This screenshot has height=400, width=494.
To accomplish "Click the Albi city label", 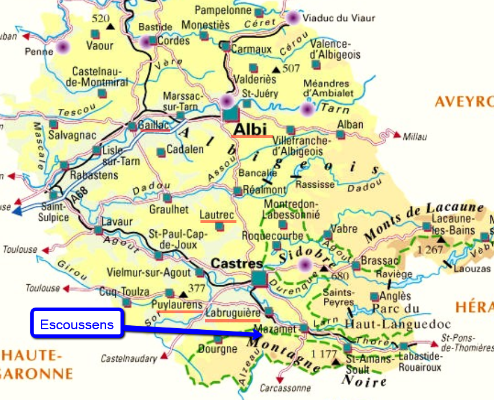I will coord(250,130).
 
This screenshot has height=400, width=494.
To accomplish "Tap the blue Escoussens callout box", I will coord(77,325).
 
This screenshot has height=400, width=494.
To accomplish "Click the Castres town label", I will coord(236,264).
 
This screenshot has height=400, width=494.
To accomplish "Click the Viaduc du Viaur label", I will coord(339,18).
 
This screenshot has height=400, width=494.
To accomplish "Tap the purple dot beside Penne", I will coord(62,47).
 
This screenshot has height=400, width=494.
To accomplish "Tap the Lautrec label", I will coord(217,215).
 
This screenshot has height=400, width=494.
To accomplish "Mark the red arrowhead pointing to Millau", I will coord(397,135).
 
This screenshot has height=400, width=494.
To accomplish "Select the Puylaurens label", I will coord(177,305).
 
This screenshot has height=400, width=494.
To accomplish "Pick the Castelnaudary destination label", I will coord(128,359).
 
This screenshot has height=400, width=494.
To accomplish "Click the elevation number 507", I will coord(291,68).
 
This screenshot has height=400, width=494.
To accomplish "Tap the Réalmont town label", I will coord(264,189).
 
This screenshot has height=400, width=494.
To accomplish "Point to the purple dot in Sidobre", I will coord(305,264).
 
